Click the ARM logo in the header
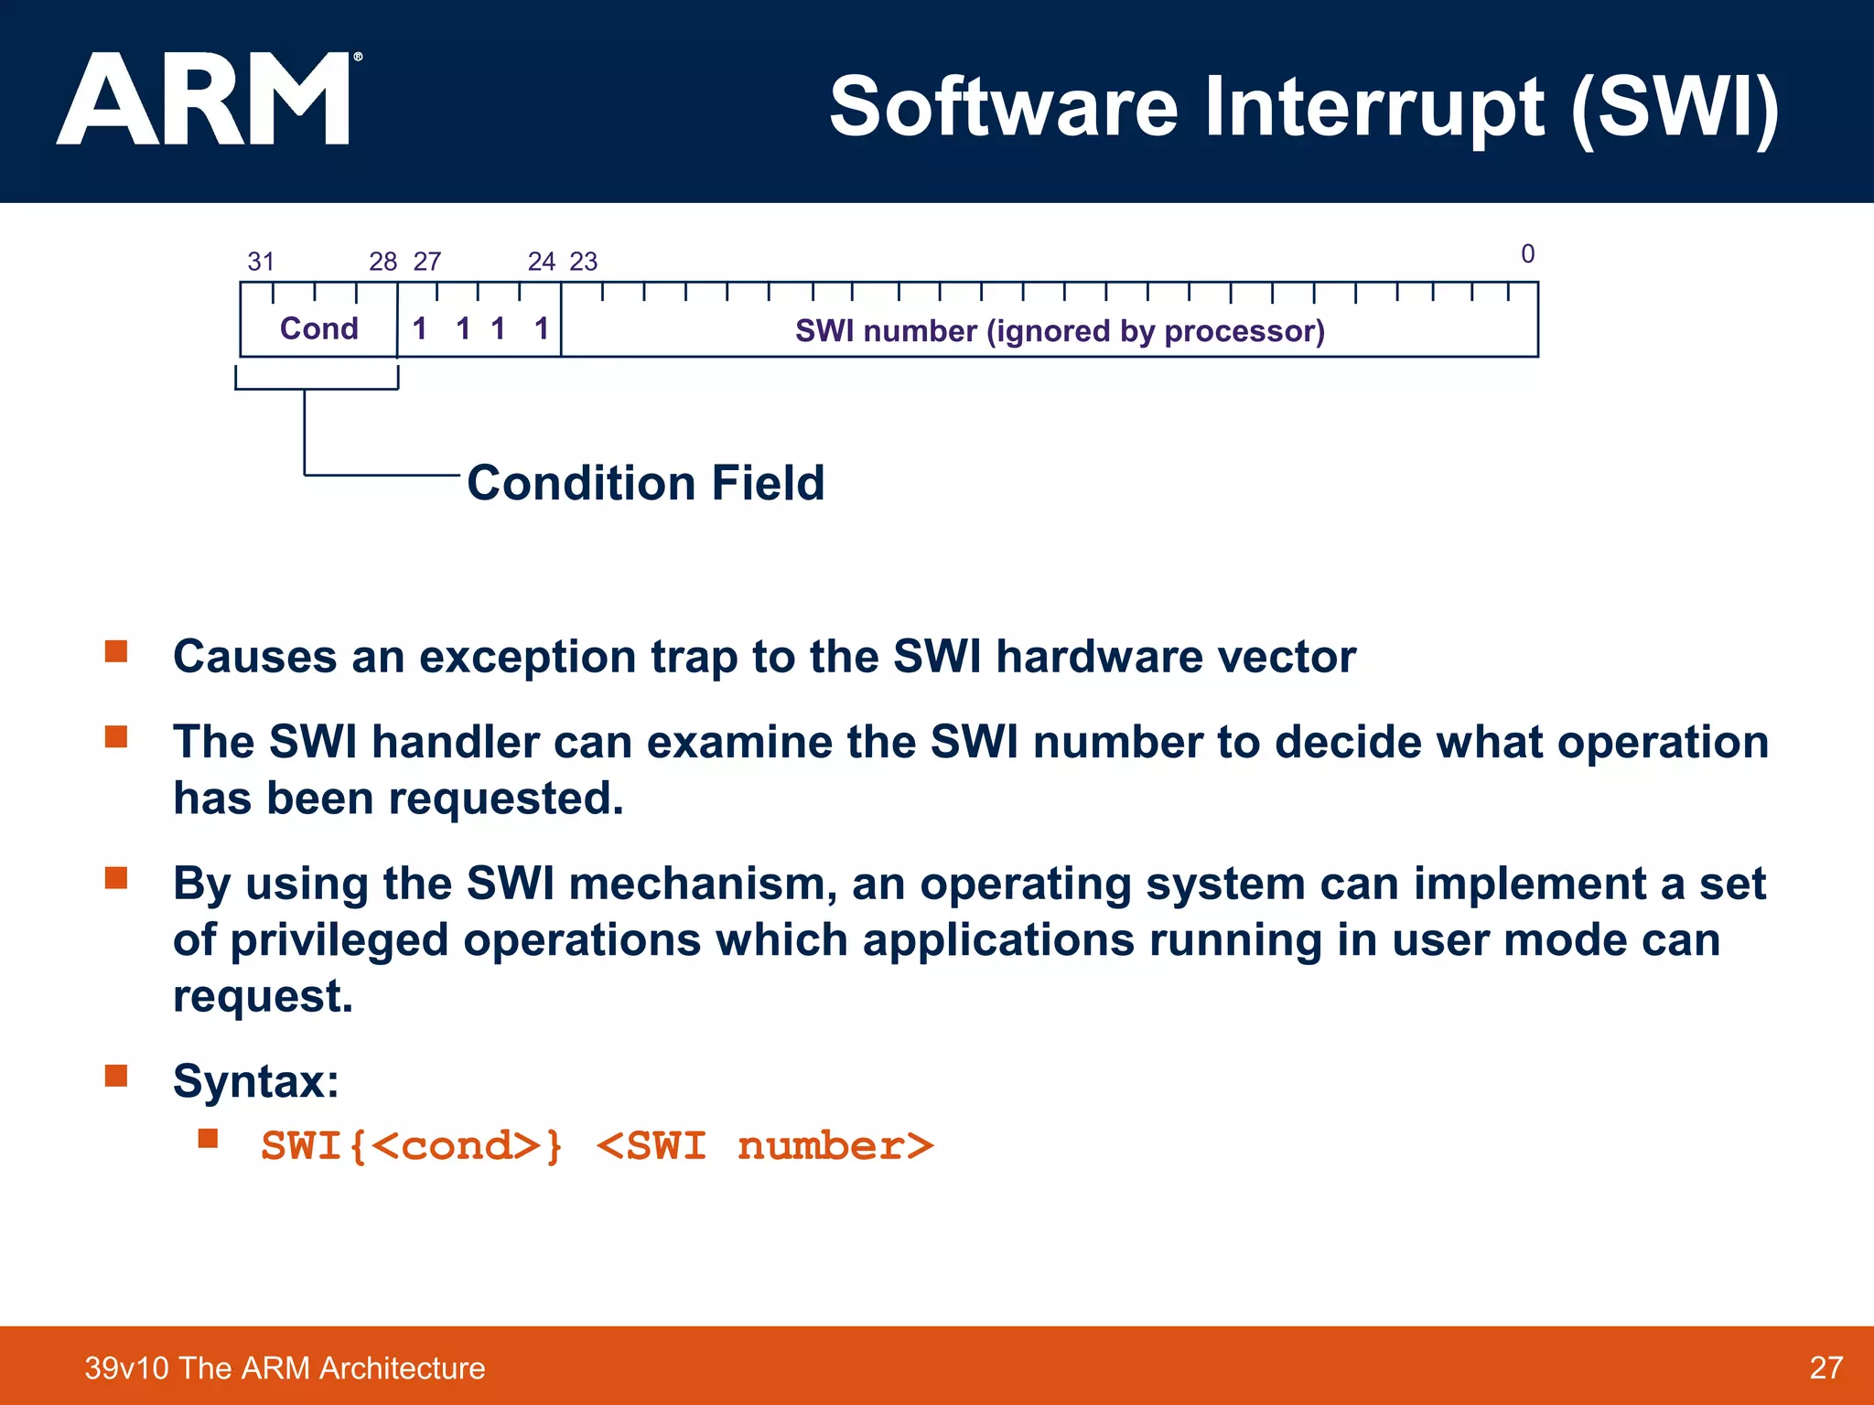coord(206,99)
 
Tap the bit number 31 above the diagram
coord(261,262)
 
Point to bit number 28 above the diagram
coord(382,262)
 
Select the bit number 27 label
coord(427,262)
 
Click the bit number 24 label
coord(542,262)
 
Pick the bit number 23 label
coord(584,262)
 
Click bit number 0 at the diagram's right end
coord(1527,253)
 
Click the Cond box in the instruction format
coord(318,327)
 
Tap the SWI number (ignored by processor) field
coord(1060,330)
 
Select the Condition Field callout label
coord(645,483)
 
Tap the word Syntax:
coord(256,1081)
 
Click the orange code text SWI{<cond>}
coord(412,1146)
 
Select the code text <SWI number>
coord(765,1146)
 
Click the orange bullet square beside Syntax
coord(116,1075)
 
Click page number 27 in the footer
coord(1826,1367)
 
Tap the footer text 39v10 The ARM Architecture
coord(285,1367)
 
